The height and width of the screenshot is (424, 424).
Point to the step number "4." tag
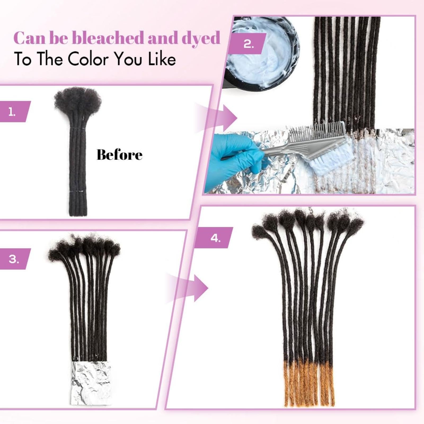pyautogui.click(x=215, y=238)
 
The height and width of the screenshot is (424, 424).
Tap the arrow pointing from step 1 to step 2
pyautogui.click(x=216, y=118)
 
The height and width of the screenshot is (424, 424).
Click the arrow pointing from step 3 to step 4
pyautogui.click(x=187, y=288)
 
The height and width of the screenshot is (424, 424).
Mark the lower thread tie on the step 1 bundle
pyautogui.click(x=78, y=191)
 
